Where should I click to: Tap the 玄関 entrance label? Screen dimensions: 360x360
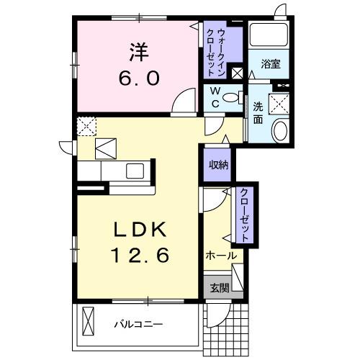click(219, 289)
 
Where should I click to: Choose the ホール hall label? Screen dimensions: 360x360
click(221, 256)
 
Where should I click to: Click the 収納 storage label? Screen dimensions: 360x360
click(218, 165)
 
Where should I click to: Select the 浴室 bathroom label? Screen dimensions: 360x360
click(271, 64)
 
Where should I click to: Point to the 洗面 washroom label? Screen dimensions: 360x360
click(258, 113)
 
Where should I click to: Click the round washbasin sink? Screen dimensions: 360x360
click(279, 131)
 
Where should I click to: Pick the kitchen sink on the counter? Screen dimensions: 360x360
click(135, 171)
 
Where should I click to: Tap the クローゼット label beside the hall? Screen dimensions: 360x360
click(245, 214)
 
